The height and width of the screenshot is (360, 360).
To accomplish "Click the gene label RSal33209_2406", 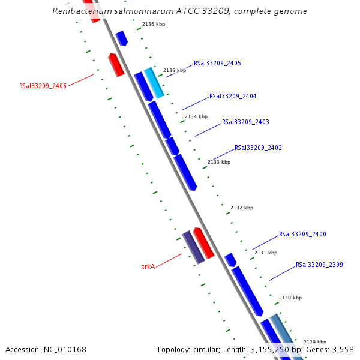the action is click(43, 86).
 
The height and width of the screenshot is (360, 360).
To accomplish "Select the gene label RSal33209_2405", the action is click(217, 63).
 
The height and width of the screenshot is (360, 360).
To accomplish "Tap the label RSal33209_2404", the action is click(233, 96).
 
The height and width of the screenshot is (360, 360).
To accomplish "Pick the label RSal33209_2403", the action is click(245, 122).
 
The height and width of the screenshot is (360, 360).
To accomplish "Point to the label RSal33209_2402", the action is click(258, 148).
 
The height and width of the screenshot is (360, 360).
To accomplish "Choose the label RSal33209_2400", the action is click(302, 234).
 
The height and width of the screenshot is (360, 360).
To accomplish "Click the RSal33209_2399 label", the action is click(319, 265).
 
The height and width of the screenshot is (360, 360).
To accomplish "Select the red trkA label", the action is click(148, 266).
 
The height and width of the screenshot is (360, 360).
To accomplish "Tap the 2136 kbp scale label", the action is click(154, 25).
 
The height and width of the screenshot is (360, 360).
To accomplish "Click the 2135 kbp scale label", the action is click(175, 70).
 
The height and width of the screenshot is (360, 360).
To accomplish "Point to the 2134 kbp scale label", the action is click(196, 116).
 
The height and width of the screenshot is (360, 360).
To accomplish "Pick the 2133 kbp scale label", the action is click(219, 162).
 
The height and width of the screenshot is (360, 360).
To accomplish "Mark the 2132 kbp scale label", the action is click(242, 208).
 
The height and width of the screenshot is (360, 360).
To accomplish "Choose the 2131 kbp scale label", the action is click(266, 253).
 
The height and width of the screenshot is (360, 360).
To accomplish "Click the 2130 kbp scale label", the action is click(290, 298).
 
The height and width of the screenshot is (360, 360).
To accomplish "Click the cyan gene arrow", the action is click(154, 83).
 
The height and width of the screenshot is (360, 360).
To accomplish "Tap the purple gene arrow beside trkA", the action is click(194, 247).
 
